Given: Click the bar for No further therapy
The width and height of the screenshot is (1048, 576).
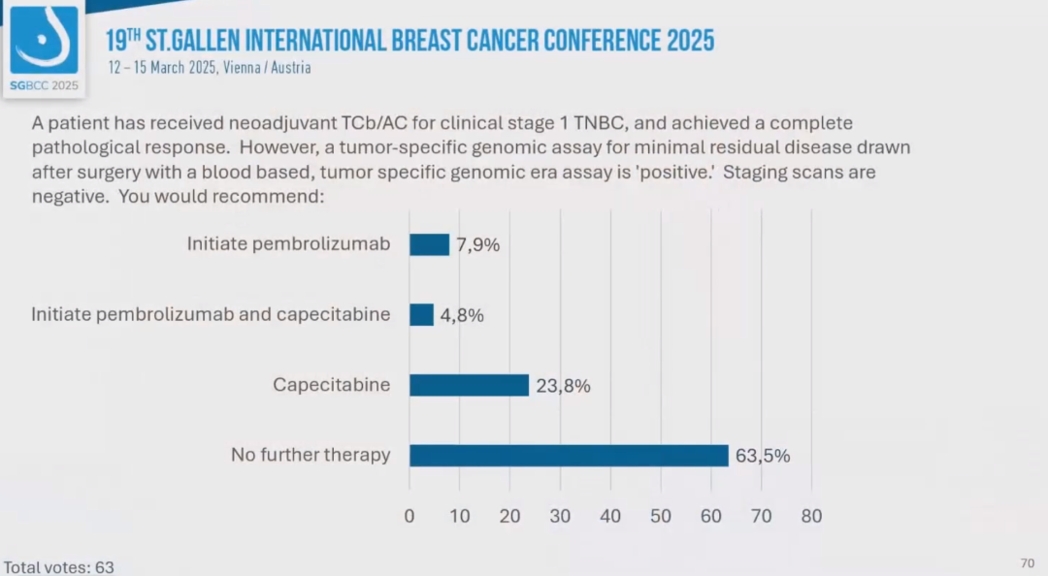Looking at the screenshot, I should tap(569, 456).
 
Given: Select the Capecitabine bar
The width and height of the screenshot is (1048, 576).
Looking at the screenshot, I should tap(469, 385).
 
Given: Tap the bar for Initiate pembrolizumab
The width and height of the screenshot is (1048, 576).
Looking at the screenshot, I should tap(429, 244).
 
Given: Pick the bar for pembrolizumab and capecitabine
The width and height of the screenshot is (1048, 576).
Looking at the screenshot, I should tap(421, 315).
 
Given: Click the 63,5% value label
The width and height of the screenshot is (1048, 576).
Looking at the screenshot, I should tap(762, 456).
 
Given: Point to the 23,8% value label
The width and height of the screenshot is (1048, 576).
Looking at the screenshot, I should tap(563, 385).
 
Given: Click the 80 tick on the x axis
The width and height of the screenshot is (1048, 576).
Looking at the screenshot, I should tap(811, 516).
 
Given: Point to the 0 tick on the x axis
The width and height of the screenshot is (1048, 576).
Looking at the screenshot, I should tap(409, 516).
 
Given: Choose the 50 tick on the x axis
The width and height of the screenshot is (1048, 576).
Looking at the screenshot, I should tap(661, 516).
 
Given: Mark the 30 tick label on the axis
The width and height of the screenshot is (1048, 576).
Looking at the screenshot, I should tap(560, 516).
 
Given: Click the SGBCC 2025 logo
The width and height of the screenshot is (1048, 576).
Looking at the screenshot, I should tap(44, 48).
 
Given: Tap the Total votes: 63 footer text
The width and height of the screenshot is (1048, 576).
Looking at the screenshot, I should tap(59, 566).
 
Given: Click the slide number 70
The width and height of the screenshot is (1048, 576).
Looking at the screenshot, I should tap(1028, 563).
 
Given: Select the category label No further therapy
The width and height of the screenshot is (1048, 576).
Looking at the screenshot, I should tap(311, 455).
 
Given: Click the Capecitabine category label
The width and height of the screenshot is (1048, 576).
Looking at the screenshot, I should tap(331, 385).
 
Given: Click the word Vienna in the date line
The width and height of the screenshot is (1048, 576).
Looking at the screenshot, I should tap(243, 68).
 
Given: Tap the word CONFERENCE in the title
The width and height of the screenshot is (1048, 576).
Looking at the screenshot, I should tap(603, 41).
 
